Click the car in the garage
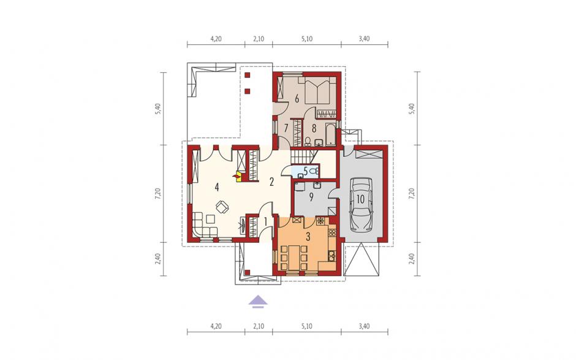point(360,205)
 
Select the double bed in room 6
point(317,90)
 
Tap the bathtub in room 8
point(331,134)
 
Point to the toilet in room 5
point(313,171)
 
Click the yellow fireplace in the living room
point(239,177)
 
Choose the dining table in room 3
point(294,257)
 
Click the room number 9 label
point(311,197)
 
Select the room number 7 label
point(286,128)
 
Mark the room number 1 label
point(265,222)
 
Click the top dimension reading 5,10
point(307,39)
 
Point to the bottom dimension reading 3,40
point(364,326)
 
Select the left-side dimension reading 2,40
point(158,259)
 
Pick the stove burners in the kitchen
point(332,232)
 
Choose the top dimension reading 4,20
point(216,39)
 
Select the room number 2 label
point(271,182)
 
